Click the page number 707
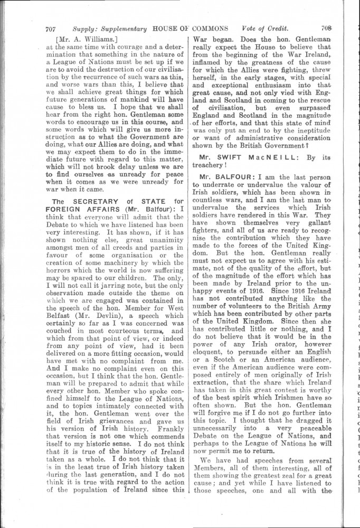pyautogui.click(x=51, y=29)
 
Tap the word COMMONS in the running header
pyautogui.click(x=211, y=29)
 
